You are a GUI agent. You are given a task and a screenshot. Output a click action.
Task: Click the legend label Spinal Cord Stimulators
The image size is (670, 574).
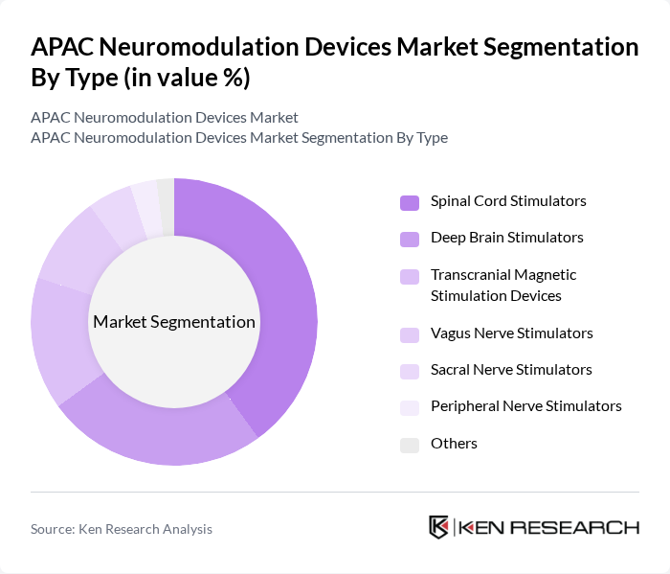click(508, 201)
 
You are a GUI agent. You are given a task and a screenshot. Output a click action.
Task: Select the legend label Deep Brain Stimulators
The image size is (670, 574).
click(506, 238)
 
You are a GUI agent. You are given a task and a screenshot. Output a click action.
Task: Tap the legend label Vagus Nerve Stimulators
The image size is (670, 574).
click(511, 333)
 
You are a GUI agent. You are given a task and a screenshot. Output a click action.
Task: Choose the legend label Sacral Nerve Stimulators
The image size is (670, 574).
click(511, 370)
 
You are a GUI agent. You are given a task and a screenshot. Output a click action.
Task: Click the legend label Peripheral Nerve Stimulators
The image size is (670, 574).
click(525, 406)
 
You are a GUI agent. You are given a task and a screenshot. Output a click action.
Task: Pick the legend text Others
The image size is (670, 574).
click(454, 444)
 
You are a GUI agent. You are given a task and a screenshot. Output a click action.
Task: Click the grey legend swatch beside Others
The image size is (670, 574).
click(410, 445)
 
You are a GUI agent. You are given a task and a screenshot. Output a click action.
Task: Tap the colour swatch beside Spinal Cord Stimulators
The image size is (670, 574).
click(410, 202)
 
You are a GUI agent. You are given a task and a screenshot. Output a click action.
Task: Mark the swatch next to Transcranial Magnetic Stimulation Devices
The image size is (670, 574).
click(410, 276)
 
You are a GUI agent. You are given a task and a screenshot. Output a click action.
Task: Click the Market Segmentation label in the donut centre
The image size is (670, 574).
click(174, 322)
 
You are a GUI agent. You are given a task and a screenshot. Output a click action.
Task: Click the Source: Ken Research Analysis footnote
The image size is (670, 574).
click(122, 529)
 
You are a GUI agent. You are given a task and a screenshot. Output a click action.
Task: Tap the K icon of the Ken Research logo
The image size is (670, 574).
click(438, 527)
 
